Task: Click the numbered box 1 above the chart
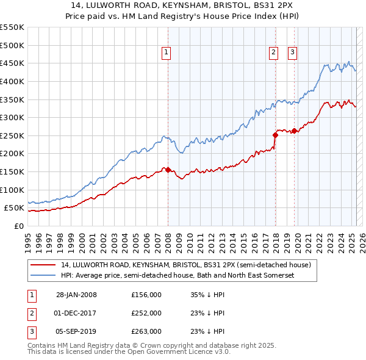pyautogui.click(x=166, y=53)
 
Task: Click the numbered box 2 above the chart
pyautogui.click(x=273, y=53)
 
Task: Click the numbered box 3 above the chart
pyautogui.click(x=292, y=53)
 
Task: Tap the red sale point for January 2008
pyautogui.click(x=168, y=170)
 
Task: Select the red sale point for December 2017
pyautogui.click(x=274, y=135)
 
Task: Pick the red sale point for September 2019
pyautogui.click(x=294, y=131)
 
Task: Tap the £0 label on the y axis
pyautogui.click(x=18, y=226)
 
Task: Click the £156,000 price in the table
pyautogui.click(x=146, y=295)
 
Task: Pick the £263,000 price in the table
pyautogui.click(x=146, y=331)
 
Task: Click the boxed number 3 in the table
pyautogui.click(x=30, y=331)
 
